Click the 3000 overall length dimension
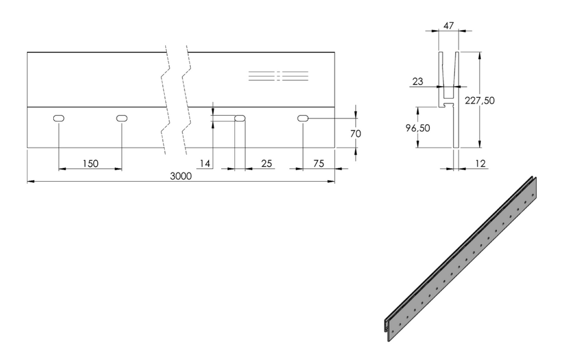point(181,176)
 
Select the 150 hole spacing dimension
point(91,164)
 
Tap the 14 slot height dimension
point(205,164)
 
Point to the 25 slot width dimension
point(266,164)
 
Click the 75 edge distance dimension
point(318,164)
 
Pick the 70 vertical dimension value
point(356,134)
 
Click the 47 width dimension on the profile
point(448,26)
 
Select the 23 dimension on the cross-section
point(418,81)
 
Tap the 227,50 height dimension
point(480,100)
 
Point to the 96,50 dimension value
point(418,128)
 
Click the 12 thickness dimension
point(480,164)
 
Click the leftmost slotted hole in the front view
point(59,119)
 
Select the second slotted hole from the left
point(122,119)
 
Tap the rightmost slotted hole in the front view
point(303,119)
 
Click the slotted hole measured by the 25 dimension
point(240,119)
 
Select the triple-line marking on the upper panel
point(278,76)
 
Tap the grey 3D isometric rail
point(460,259)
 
